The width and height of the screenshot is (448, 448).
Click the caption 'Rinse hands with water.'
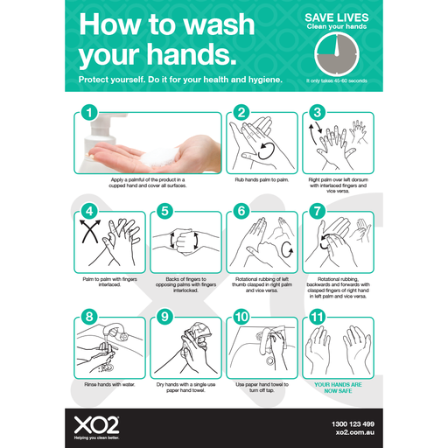pyautogui.click(x=110, y=381)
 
